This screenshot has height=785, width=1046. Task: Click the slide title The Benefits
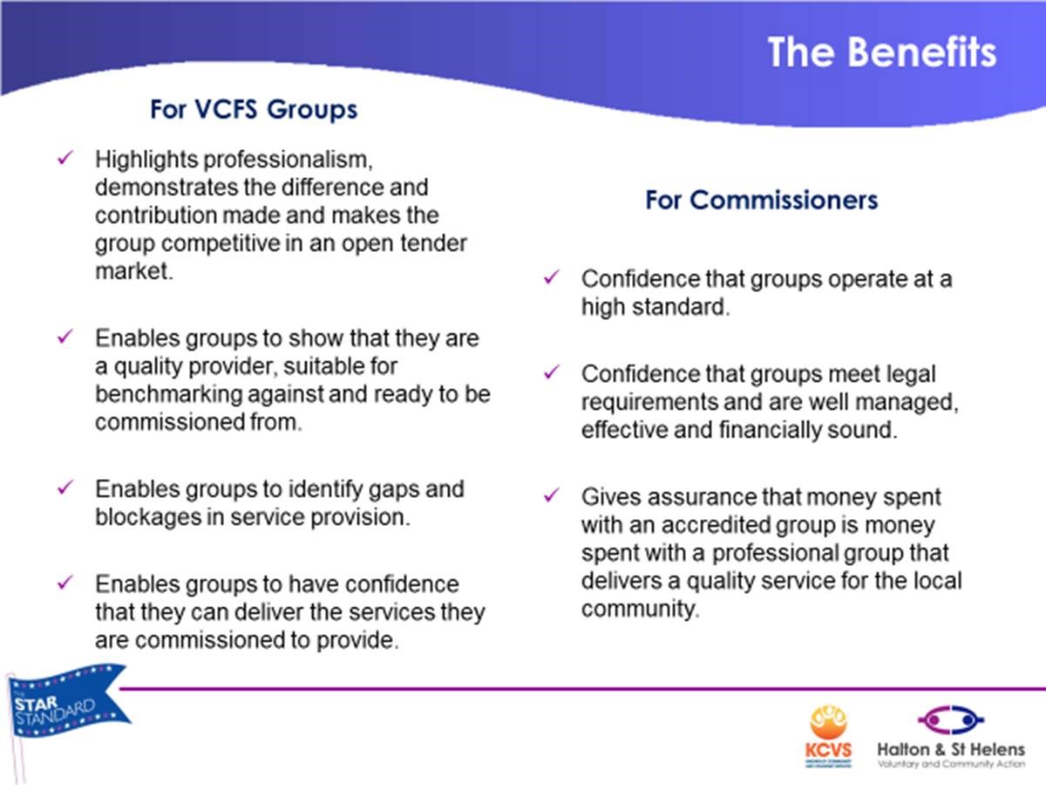click(x=881, y=52)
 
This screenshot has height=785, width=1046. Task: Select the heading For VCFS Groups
click(x=254, y=109)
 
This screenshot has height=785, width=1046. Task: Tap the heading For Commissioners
click(x=761, y=200)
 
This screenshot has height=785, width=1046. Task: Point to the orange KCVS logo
click(x=828, y=736)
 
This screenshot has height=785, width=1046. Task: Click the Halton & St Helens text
click(x=951, y=749)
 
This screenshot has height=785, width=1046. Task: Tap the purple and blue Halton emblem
click(x=951, y=720)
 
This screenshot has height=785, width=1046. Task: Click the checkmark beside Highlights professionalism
click(x=65, y=157)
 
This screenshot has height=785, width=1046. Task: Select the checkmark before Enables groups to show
click(x=65, y=337)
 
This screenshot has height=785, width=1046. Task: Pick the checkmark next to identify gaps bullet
click(x=65, y=487)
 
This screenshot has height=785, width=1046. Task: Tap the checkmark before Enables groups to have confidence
click(x=65, y=582)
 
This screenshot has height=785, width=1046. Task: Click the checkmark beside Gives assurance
click(x=552, y=495)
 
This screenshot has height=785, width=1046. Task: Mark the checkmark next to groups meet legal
click(x=552, y=372)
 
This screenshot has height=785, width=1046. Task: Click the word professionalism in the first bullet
click(x=288, y=160)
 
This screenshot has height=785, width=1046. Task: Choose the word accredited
click(x=716, y=525)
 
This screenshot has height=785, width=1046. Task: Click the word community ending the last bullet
click(x=641, y=610)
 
